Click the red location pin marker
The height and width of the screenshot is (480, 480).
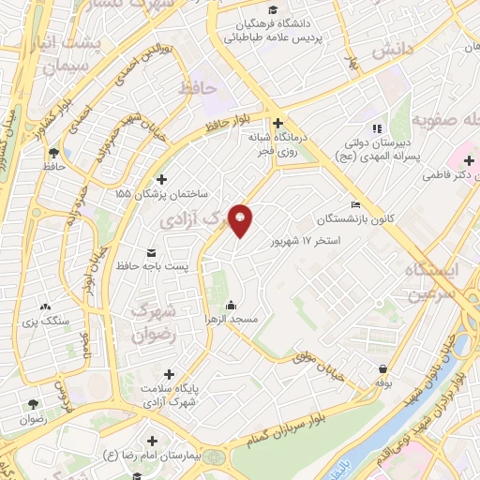tap(243, 219)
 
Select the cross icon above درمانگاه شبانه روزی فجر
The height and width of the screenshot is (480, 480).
tap(277, 123)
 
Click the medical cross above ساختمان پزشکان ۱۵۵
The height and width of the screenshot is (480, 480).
tap(162, 179)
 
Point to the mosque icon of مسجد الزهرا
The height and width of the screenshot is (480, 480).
tap(232, 305)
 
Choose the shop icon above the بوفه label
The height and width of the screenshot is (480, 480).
tap(382, 367)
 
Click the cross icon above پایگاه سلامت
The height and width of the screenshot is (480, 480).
tap(169, 374)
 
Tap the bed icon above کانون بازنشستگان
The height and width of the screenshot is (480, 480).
tap(354, 205)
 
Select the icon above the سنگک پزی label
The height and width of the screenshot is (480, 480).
tap(44, 306)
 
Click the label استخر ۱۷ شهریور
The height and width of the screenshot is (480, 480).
tap(302, 241)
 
